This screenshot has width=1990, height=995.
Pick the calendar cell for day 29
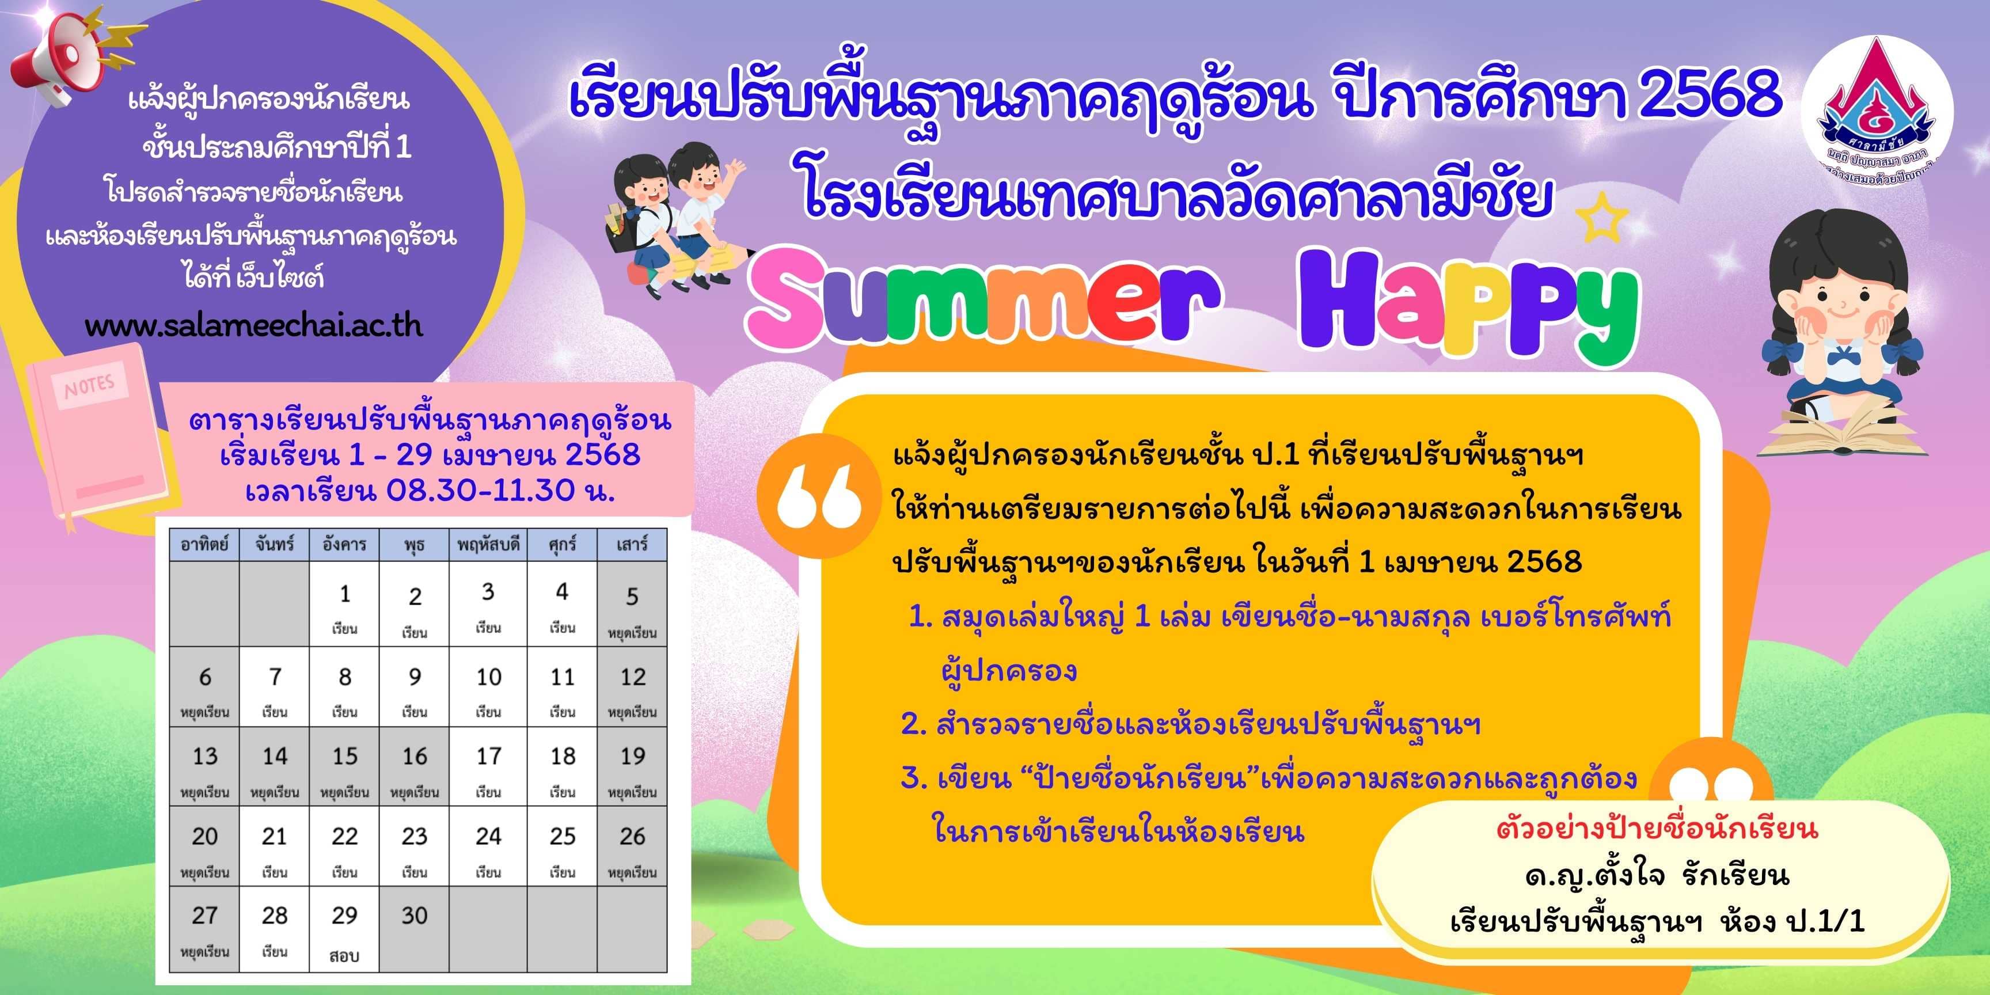tap(344, 929)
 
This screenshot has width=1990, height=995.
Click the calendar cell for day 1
tap(344, 604)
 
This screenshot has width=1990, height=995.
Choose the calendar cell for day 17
tap(488, 766)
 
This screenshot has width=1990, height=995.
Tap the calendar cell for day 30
tap(414, 929)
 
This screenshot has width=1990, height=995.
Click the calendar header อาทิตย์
tap(205, 545)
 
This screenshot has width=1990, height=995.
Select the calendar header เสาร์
tap(632, 545)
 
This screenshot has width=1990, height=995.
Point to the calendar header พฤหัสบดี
tap(488, 545)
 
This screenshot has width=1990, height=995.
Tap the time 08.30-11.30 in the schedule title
tap(480, 490)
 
